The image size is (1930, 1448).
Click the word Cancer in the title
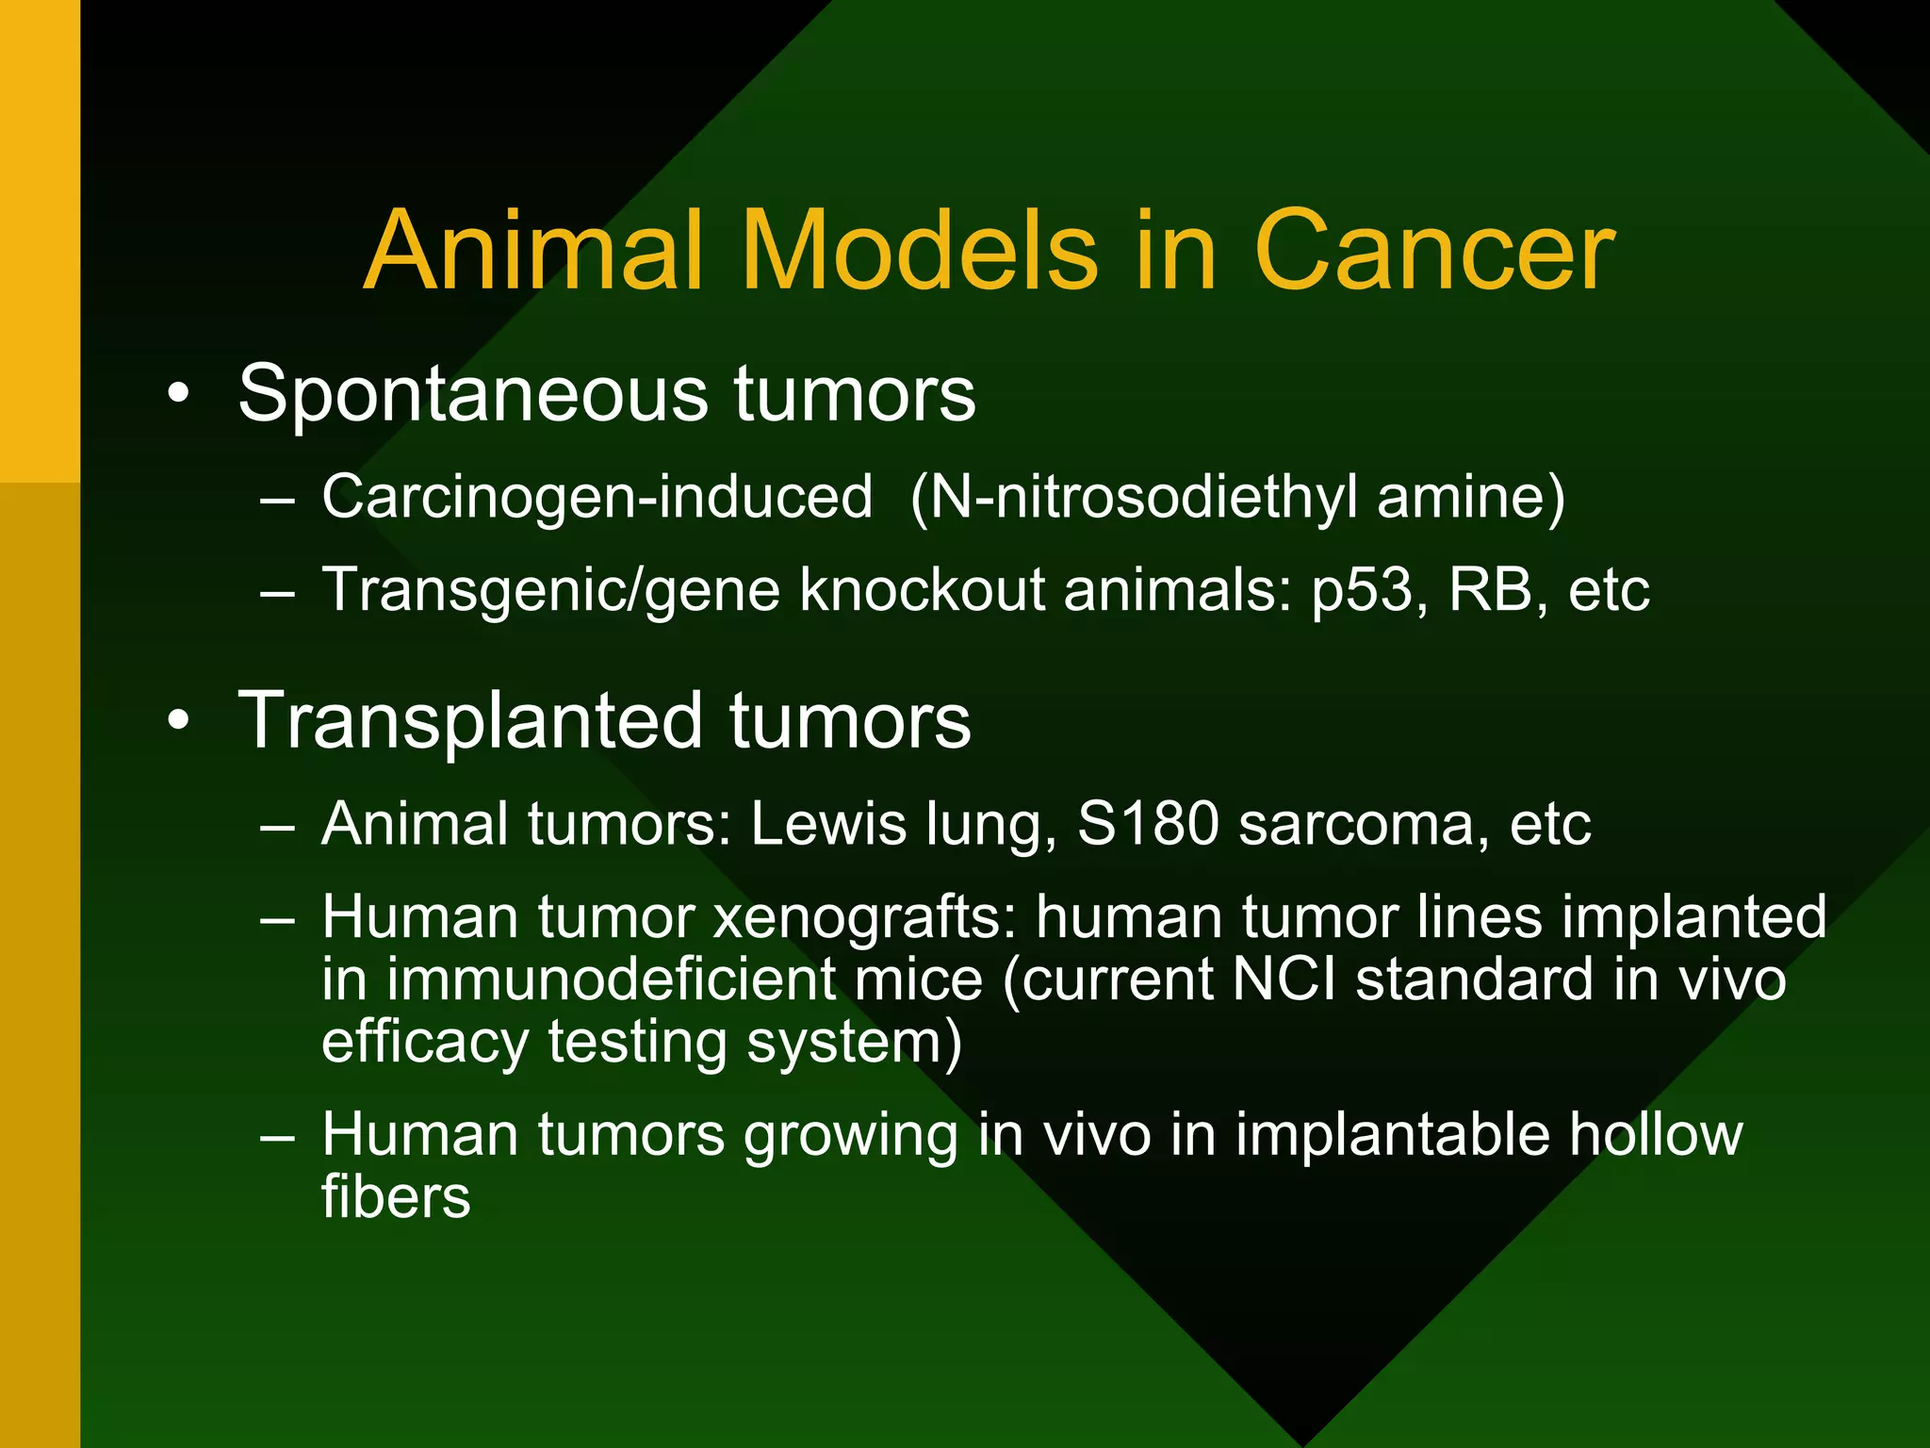pyautogui.click(x=1433, y=253)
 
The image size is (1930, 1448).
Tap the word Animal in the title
pyautogui.click(x=533, y=253)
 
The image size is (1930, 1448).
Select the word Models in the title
pyautogui.click(x=919, y=253)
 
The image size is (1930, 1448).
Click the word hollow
pyautogui.click(x=1655, y=1134)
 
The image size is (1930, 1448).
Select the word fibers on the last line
pyautogui.click(x=396, y=1197)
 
